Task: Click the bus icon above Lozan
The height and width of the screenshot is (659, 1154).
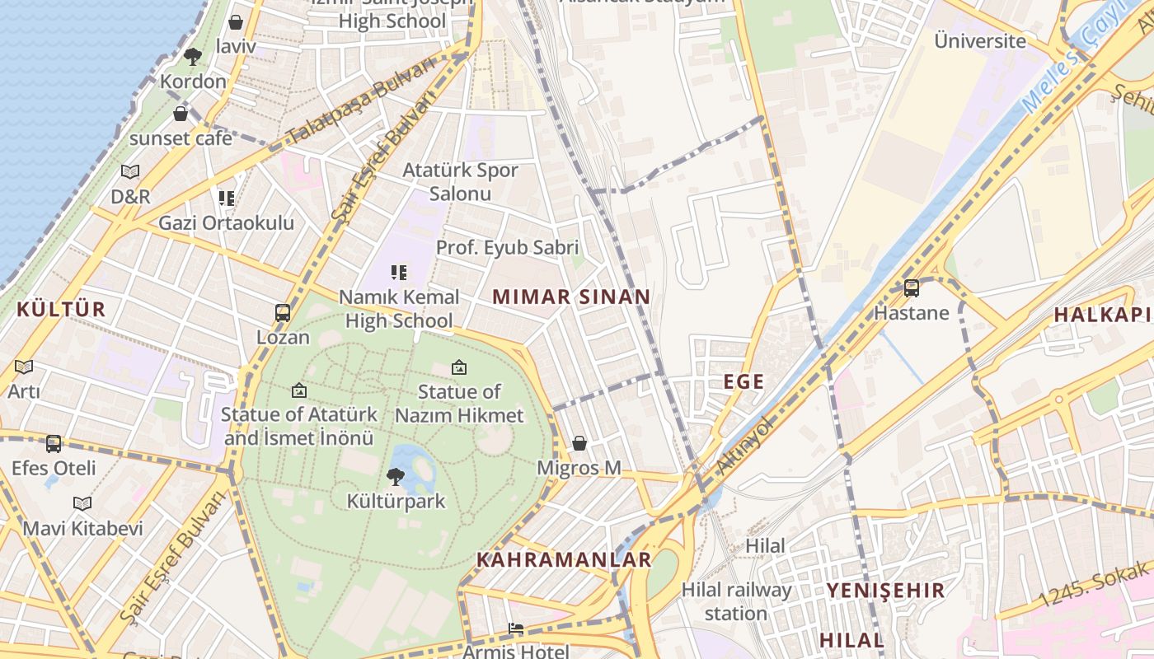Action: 283,313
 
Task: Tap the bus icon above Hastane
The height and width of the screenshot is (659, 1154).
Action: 912,288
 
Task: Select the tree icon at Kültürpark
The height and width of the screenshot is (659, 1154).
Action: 396,476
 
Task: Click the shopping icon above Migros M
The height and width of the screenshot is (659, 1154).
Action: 579,443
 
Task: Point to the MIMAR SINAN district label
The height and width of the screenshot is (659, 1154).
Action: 571,297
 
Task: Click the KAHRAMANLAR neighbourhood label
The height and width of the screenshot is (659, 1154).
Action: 564,560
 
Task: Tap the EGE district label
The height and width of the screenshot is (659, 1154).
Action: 744,381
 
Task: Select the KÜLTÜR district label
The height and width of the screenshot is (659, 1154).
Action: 62,310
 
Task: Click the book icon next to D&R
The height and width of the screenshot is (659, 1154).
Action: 130,172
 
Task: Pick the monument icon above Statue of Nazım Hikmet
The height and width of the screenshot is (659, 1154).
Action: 459,367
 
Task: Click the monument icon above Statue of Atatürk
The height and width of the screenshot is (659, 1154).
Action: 299,390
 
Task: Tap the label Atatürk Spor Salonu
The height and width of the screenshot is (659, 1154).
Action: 460,182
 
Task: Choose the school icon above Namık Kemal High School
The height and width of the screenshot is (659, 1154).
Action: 399,272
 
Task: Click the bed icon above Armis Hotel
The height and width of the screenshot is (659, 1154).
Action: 516,629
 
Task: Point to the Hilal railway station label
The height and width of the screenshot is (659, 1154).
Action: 736,601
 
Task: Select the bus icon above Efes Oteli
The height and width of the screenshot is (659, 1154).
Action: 54,444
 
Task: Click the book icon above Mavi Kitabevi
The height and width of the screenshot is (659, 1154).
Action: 82,503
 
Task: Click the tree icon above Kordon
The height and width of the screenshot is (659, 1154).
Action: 193,57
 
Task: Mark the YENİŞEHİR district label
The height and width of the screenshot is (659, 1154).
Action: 885,590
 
